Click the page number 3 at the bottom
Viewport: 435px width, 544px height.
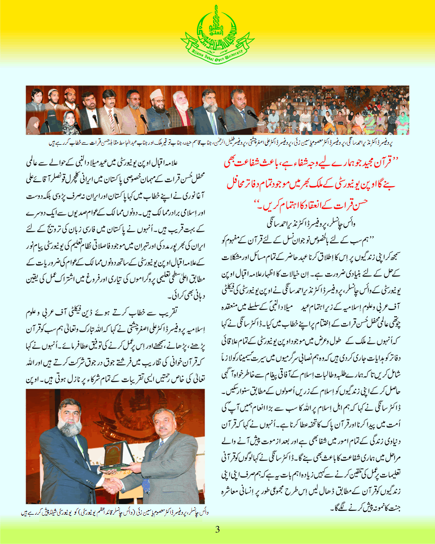(217, 529)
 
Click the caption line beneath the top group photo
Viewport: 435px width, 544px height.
(217, 141)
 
